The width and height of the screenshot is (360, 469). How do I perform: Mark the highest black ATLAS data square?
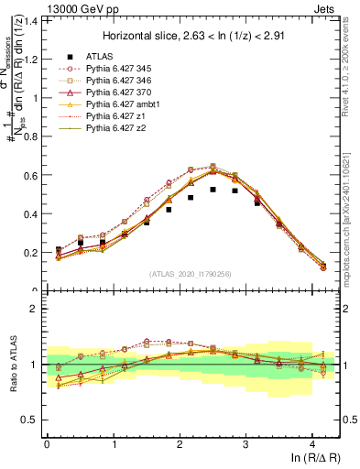tap(213, 190)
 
